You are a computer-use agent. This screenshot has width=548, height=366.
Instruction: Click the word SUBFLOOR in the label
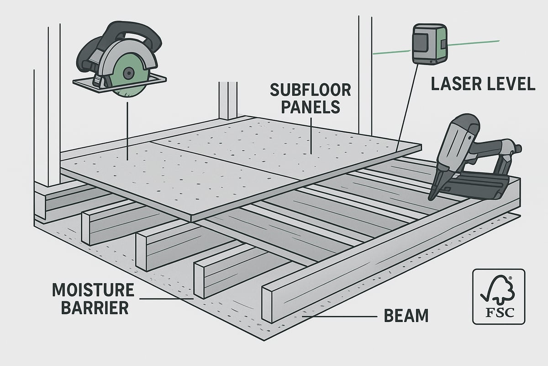[310, 90]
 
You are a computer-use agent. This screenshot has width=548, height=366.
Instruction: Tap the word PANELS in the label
[310, 108]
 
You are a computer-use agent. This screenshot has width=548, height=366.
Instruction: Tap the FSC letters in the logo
[498, 314]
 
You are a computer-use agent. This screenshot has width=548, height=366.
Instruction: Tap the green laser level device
[430, 44]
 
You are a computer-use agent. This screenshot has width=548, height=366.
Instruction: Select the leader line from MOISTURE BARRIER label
[160, 299]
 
